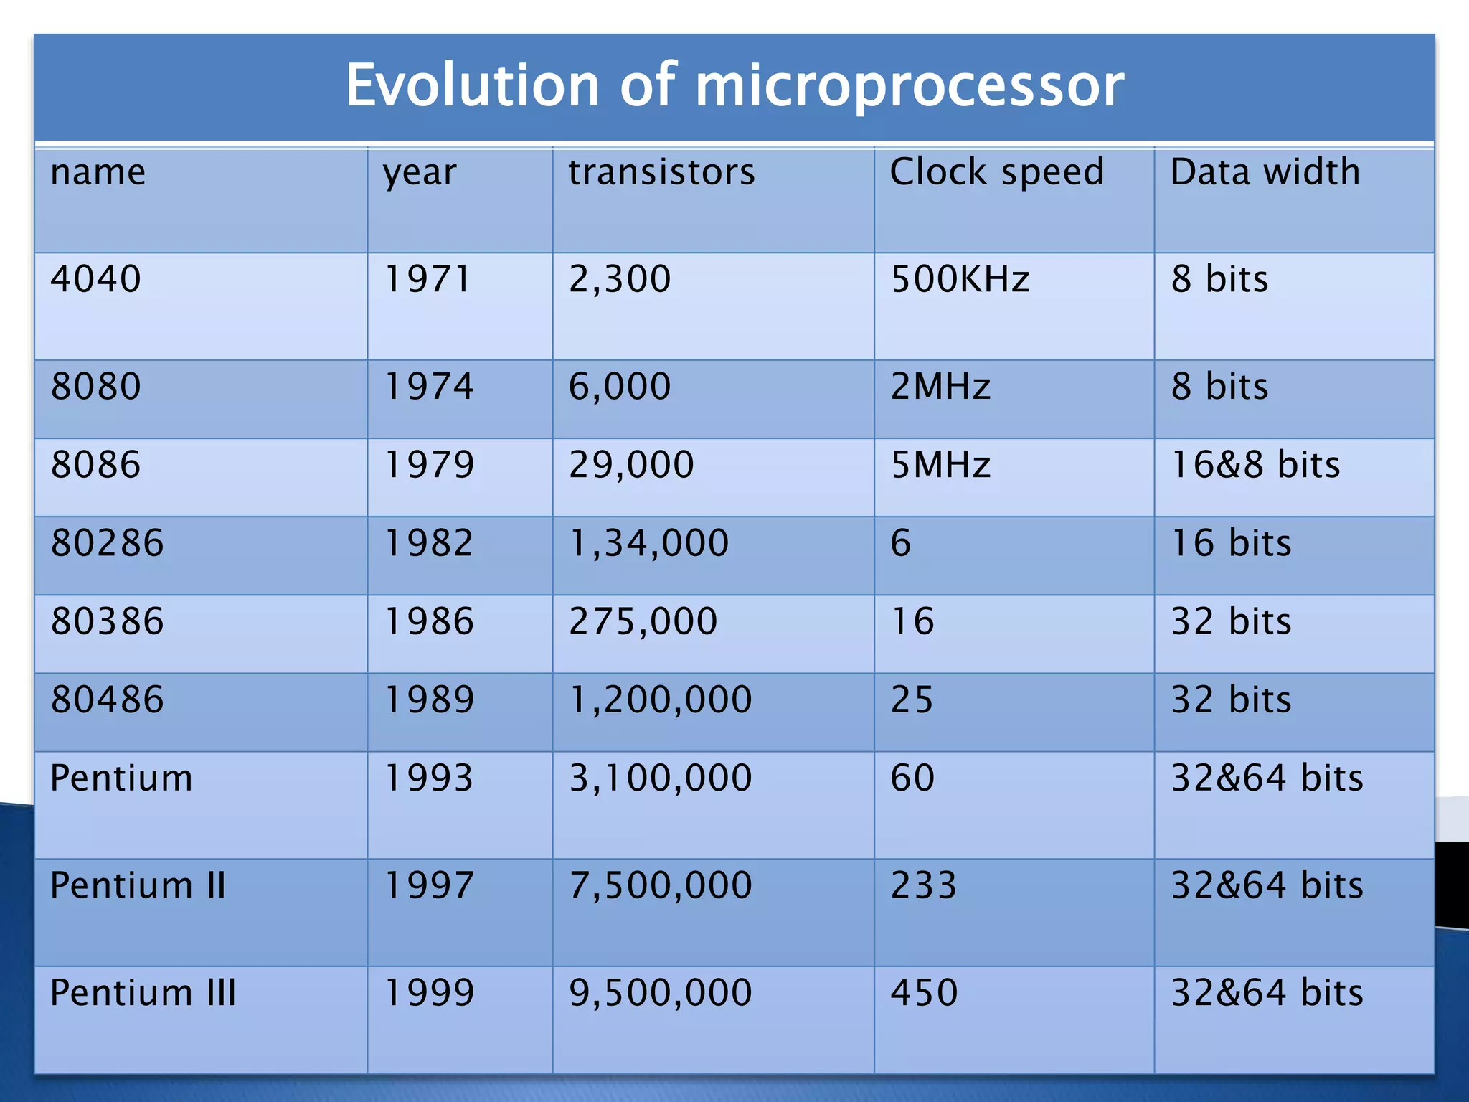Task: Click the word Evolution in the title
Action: [472, 85]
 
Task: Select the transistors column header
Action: [661, 172]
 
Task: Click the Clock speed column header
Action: [996, 172]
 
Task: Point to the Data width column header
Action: [1265, 172]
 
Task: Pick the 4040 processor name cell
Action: [96, 279]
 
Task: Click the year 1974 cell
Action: [429, 387]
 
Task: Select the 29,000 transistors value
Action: [631, 465]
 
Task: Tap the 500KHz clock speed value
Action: [960, 279]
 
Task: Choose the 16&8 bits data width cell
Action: [1255, 465]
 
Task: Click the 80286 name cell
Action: [108, 543]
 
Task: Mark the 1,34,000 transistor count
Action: [648, 543]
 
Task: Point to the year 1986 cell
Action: [429, 621]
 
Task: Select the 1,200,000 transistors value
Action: [660, 700]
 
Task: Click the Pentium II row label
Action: [138, 885]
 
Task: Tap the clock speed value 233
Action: [923, 885]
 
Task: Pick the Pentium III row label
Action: [143, 993]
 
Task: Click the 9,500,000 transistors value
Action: [660, 993]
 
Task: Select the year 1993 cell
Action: [429, 778]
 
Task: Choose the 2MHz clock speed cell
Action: [940, 387]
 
